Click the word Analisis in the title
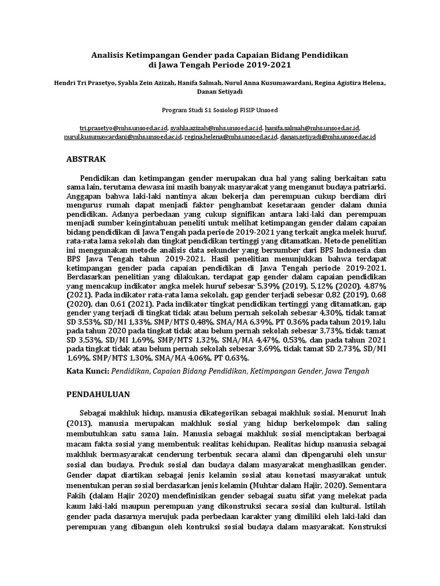pos(109,54)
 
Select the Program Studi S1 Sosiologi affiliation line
pos(220,109)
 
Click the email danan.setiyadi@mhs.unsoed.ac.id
pos(328,137)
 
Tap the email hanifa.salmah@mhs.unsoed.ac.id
pos(312,129)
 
